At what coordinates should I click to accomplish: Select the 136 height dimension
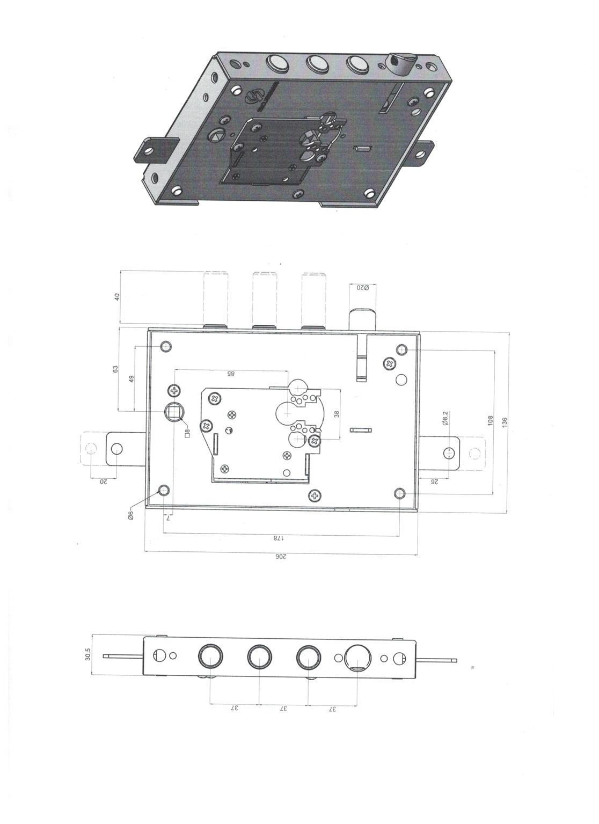pyautogui.click(x=505, y=422)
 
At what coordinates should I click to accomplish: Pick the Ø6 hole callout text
pyautogui.click(x=131, y=515)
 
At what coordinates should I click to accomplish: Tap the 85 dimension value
pyautogui.click(x=230, y=374)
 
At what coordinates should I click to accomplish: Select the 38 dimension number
pyautogui.click(x=336, y=414)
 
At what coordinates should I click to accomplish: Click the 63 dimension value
pyautogui.click(x=115, y=369)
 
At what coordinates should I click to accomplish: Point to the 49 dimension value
pyautogui.click(x=132, y=379)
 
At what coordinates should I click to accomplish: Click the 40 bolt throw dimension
pyautogui.click(x=117, y=297)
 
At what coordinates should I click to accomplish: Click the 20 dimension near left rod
pyautogui.click(x=104, y=482)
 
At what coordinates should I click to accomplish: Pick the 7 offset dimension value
pyautogui.click(x=168, y=518)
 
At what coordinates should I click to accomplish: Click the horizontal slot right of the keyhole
pyautogui.click(x=361, y=429)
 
